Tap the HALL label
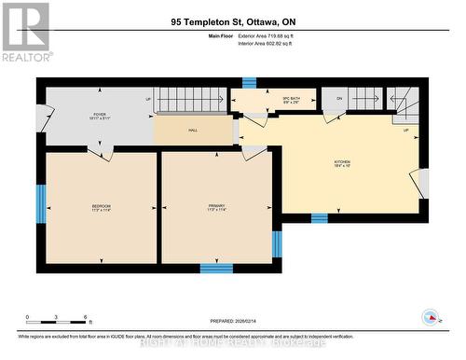click(193, 131)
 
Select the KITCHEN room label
click(344, 163)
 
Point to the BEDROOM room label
click(101, 208)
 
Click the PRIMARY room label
click(217, 208)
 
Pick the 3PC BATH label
click(264, 100)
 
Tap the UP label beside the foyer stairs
click(148, 98)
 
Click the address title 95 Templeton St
click(232, 21)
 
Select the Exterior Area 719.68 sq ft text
click(272, 35)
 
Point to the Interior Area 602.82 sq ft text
click(271, 44)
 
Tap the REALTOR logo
click(25, 32)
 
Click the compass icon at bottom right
click(431, 317)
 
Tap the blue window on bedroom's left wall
click(40, 204)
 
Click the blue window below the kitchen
click(319, 217)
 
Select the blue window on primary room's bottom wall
click(216, 268)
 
